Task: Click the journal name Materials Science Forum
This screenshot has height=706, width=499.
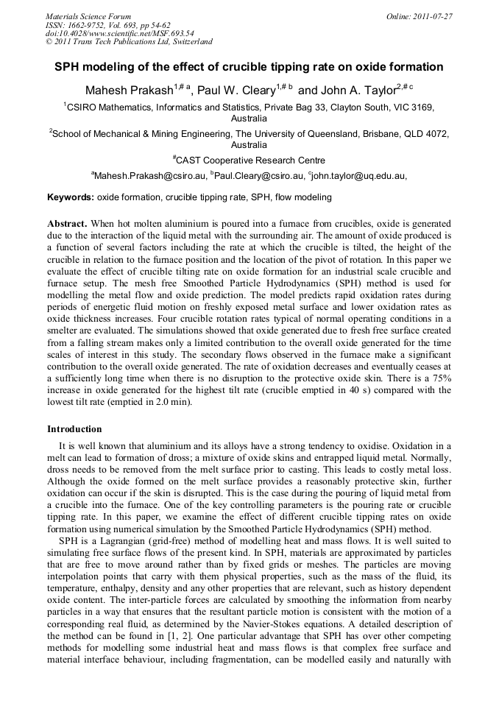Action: pos(88,16)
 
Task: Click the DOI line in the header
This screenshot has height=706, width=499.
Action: pos(119,34)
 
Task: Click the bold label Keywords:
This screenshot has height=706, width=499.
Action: pos(71,197)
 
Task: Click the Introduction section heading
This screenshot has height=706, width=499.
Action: pos(74,428)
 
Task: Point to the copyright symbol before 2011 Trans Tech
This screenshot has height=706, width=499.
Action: pos(49,43)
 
